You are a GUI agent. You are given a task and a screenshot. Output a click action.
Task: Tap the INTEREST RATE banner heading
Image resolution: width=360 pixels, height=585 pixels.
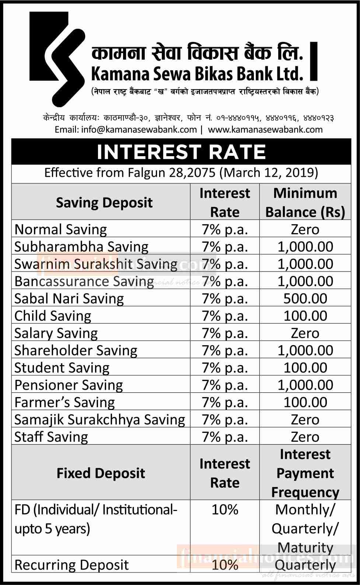tap(181, 152)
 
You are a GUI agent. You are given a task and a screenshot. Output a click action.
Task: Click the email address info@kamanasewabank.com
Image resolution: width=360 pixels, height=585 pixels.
tap(126, 129)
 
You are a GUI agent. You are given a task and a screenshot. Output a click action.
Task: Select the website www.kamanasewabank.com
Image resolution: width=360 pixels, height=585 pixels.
tap(265, 129)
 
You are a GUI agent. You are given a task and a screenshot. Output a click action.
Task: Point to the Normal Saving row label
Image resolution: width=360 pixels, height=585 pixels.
tap(60, 230)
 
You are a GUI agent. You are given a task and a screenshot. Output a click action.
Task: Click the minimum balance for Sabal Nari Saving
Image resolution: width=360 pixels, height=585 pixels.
tap(305, 298)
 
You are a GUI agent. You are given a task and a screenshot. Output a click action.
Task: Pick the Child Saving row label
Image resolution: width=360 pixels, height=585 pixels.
tap(53, 316)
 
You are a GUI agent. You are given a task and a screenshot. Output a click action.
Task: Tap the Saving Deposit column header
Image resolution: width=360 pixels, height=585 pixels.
tap(104, 203)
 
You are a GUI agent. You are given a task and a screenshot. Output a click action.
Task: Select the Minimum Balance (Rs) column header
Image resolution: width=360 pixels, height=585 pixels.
tap(305, 203)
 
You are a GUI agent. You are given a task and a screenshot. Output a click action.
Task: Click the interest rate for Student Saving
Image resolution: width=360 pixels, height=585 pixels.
tap(225, 368)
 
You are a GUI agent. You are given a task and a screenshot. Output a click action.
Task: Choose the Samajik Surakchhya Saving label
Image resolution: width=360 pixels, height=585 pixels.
tap(99, 420)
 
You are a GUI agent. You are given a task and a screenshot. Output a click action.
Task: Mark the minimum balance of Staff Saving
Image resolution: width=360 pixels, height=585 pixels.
tap(305, 437)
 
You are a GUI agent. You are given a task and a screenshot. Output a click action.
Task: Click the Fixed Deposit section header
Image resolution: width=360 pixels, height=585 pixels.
tap(101, 473)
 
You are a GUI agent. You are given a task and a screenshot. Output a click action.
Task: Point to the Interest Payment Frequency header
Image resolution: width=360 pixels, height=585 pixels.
tap(305, 473)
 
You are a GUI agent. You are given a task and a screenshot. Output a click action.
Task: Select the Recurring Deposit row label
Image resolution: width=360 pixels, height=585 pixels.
tap(71, 565)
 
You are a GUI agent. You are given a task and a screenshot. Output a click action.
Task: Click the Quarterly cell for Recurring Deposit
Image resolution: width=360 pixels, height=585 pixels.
tap(305, 565)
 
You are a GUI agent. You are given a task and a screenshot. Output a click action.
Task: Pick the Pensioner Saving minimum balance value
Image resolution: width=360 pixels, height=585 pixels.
tap(305, 385)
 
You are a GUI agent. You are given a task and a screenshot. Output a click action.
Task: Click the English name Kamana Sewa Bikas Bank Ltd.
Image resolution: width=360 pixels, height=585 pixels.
tap(197, 74)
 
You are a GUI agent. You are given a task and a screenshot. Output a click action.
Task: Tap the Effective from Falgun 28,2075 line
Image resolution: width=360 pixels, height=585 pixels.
tap(181, 173)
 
